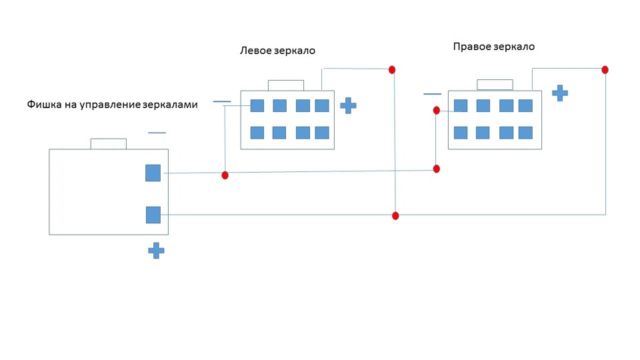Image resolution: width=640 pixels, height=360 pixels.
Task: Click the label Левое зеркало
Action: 277,51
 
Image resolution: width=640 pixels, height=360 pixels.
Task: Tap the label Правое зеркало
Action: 494,47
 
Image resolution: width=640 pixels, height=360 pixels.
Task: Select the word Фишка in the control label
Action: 43,105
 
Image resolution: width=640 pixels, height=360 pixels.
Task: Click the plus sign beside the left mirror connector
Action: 348,106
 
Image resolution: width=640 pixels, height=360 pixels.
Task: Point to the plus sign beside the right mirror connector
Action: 560,93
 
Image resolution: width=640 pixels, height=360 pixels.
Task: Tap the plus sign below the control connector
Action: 156,251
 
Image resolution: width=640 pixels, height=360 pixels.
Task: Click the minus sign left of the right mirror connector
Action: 432,94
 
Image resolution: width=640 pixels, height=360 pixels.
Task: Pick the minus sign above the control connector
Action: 157,133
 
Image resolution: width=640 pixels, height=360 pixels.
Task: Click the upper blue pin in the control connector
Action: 153,173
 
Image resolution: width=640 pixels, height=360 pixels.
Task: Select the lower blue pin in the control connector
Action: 153,215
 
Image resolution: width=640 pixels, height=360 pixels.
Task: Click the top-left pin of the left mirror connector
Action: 257,106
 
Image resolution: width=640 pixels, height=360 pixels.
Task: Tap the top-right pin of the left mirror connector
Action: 322,106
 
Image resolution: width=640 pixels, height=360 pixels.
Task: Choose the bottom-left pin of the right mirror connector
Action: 461,133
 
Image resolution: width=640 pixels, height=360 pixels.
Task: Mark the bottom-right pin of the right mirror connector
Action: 525,133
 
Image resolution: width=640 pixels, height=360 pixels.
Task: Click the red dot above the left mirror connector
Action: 392,70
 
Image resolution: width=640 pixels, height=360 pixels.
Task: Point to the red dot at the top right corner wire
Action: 605,70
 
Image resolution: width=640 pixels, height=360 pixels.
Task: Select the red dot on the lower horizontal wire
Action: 395,216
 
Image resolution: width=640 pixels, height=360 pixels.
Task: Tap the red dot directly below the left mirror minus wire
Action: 225,175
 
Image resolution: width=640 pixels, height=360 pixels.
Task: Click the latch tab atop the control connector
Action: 108,144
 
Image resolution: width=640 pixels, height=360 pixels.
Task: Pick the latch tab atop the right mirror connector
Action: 495,85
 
